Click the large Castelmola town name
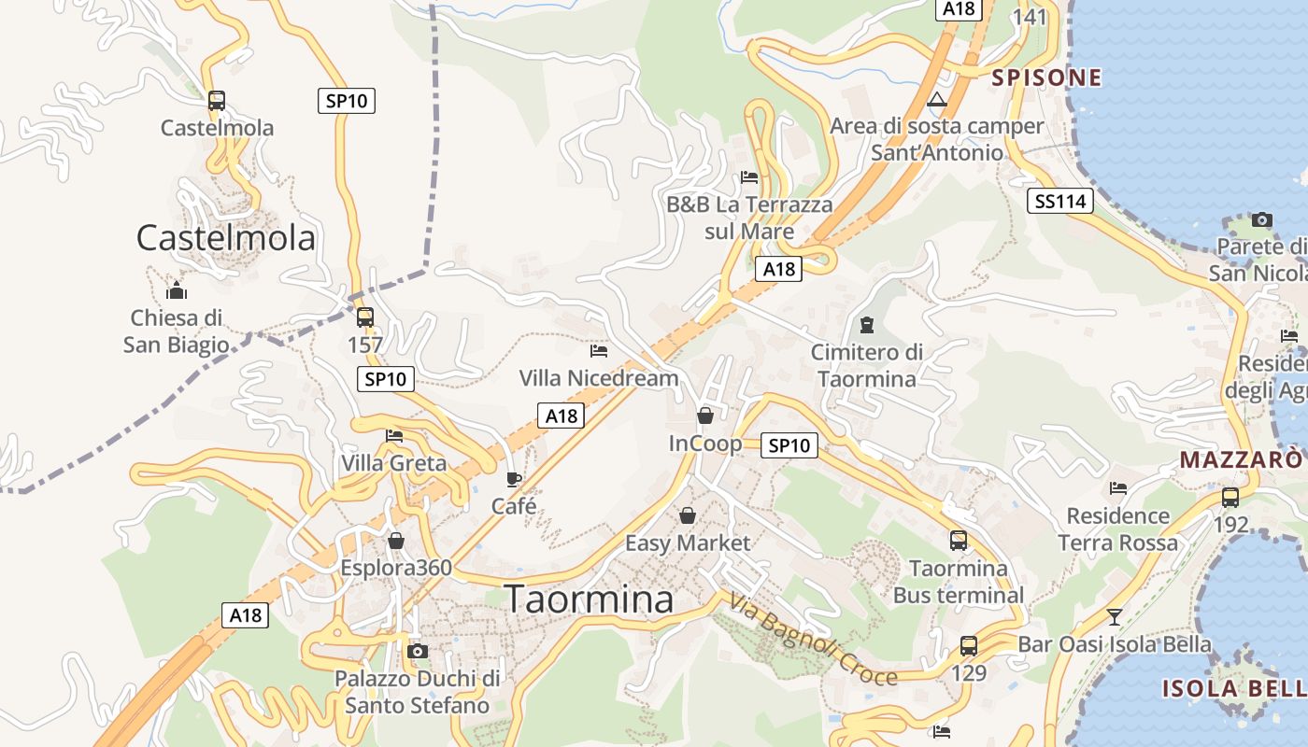(x=226, y=239)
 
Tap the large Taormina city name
(x=589, y=599)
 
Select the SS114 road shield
(x=1060, y=201)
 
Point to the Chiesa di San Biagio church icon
(x=177, y=290)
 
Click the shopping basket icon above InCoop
(x=705, y=416)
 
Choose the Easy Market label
(x=688, y=543)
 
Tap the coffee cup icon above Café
(x=514, y=479)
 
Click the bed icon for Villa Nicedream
(x=599, y=351)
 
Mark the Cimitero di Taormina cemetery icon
(x=867, y=325)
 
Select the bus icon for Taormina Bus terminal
(x=959, y=540)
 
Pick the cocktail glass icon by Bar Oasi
(x=1114, y=616)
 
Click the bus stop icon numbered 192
(x=1230, y=497)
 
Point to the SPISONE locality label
(x=1046, y=78)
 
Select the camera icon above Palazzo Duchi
(x=418, y=651)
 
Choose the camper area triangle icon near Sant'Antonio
(x=937, y=99)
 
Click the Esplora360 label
(x=396, y=568)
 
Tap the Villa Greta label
(x=394, y=463)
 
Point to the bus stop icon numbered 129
(x=969, y=645)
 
